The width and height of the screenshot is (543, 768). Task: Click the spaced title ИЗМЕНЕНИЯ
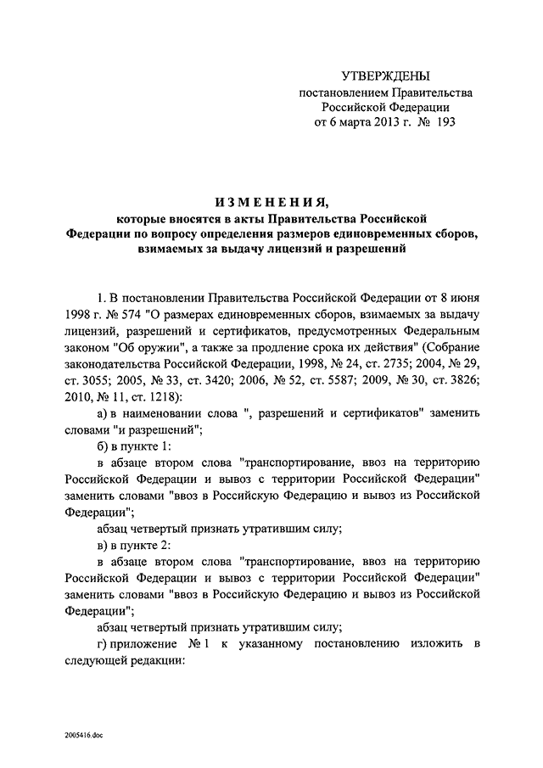(271, 201)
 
